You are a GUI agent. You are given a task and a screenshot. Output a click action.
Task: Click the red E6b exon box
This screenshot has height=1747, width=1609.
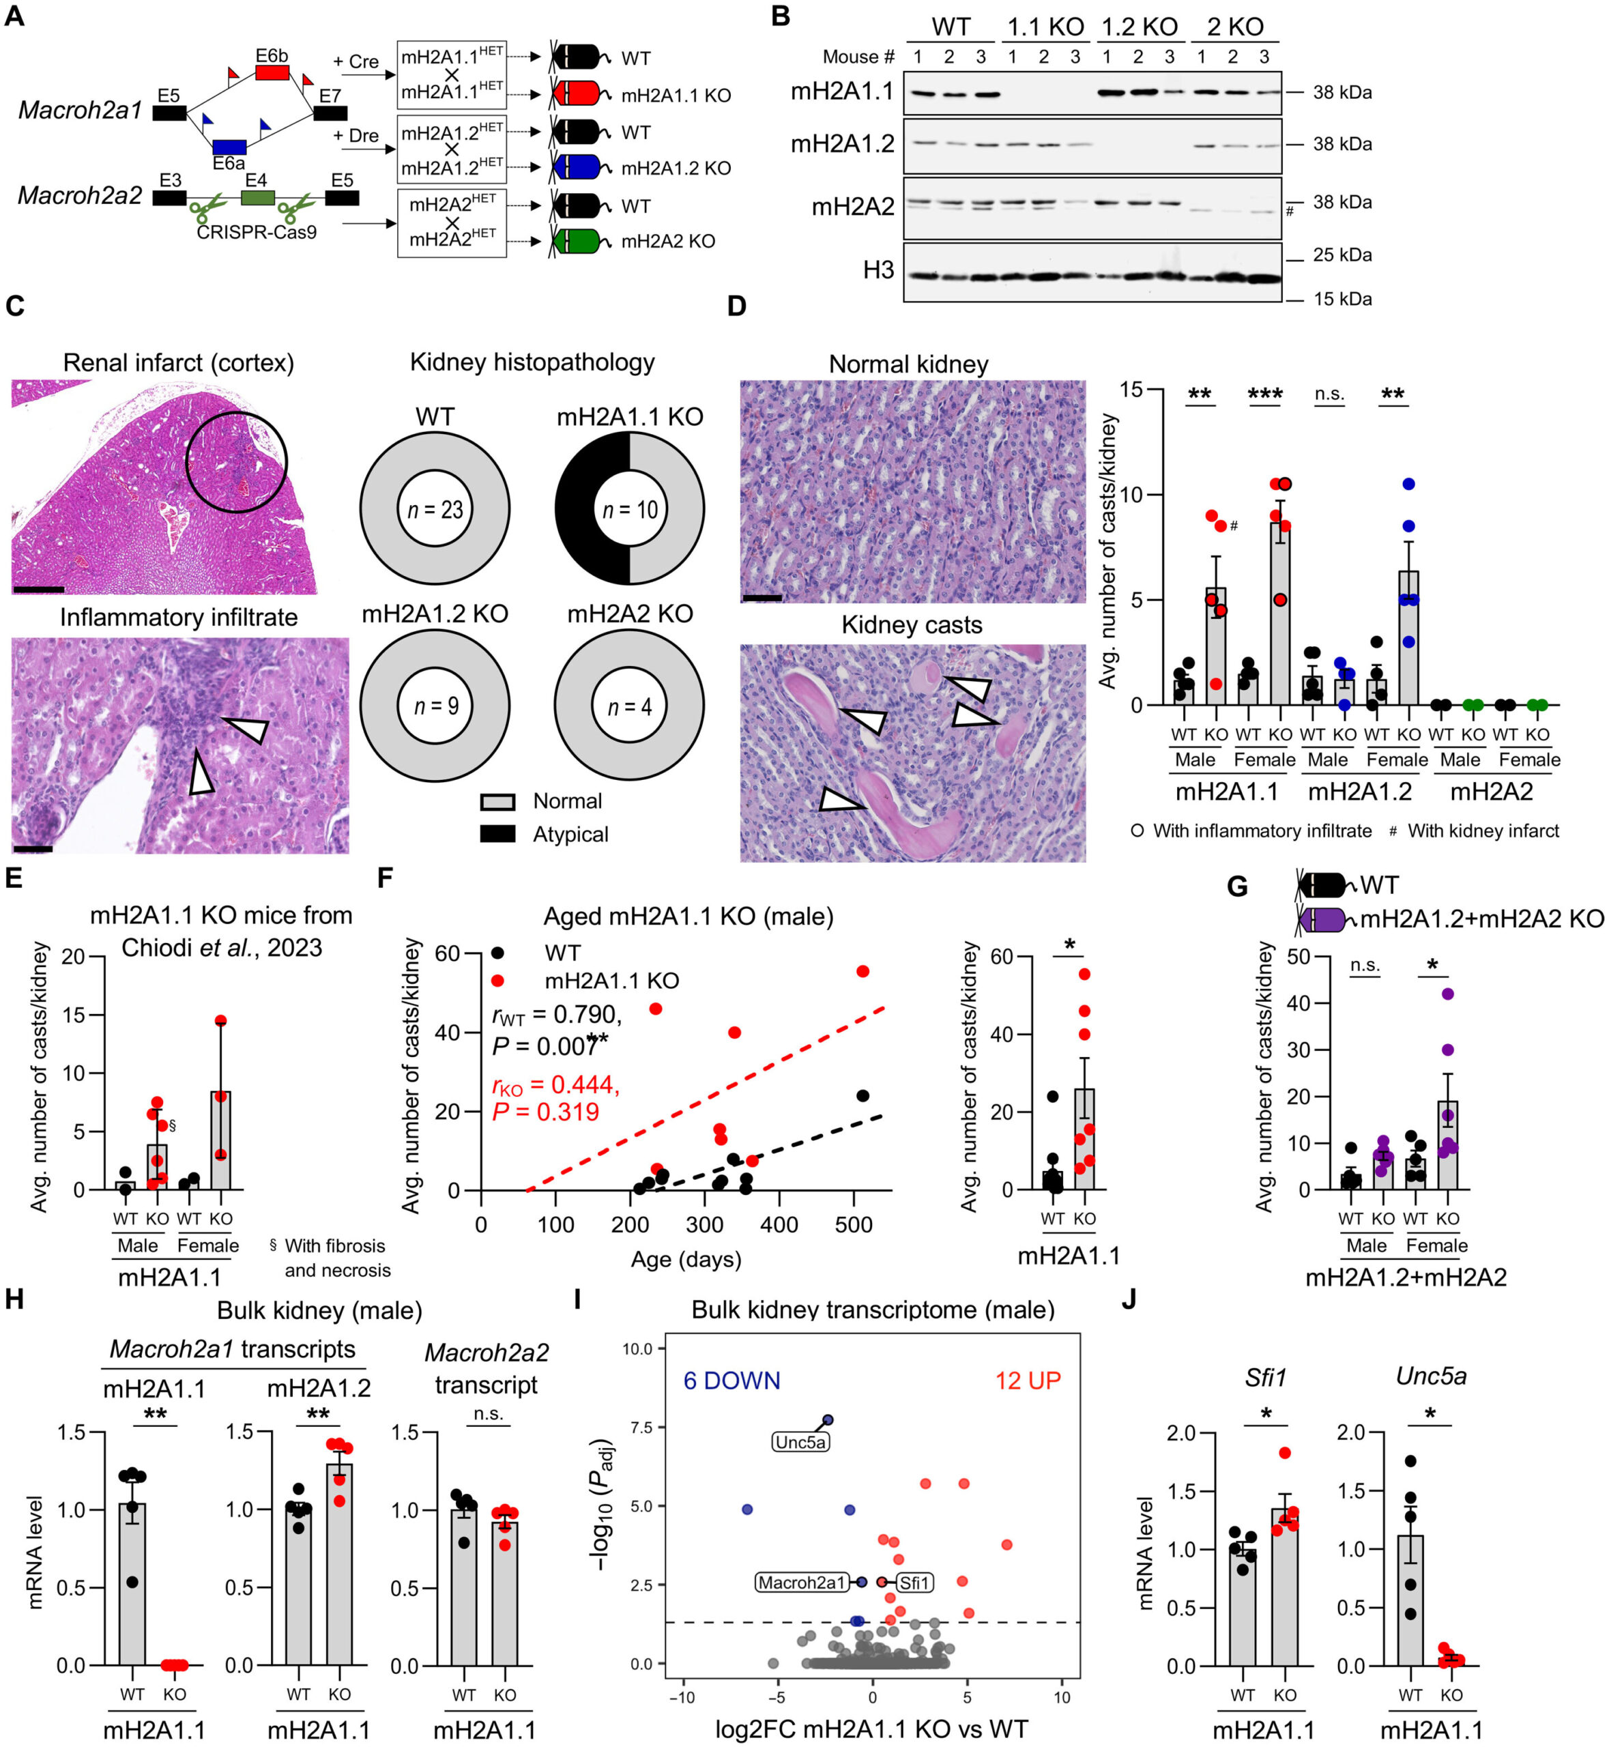pyautogui.click(x=272, y=72)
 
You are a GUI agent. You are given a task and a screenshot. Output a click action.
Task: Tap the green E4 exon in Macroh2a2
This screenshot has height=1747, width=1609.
pyautogui.click(x=257, y=198)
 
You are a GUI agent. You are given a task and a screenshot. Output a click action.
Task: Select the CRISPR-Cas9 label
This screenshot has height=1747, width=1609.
pyautogui.click(x=257, y=233)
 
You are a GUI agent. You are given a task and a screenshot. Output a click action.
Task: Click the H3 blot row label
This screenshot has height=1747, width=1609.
pyautogui.click(x=878, y=270)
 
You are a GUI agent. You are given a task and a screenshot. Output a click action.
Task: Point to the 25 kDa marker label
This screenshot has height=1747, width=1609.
pyautogui.click(x=1342, y=255)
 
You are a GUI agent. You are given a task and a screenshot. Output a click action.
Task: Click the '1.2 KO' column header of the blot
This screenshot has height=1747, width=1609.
pyautogui.click(x=1139, y=27)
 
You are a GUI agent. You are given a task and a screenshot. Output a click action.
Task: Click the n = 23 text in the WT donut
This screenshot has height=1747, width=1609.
pyautogui.click(x=435, y=510)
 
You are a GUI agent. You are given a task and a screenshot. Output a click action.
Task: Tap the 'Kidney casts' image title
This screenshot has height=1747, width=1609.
pyautogui.click(x=911, y=624)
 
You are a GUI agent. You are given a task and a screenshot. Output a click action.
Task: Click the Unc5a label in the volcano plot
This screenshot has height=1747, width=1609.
pyautogui.click(x=800, y=1441)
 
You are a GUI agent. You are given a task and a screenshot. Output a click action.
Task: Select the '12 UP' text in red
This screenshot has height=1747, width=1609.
pyautogui.click(x=1028, y=1381)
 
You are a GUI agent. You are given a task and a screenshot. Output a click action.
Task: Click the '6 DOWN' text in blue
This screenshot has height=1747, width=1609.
pyautogui.click(x=731, y=1381)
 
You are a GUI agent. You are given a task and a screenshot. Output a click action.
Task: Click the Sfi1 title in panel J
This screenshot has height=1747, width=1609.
pyautogui.click(x=1265, y=1377)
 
